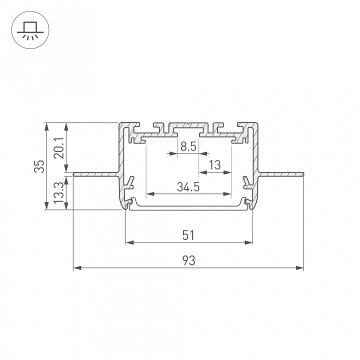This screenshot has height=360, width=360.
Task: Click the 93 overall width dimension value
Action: coord(188,260)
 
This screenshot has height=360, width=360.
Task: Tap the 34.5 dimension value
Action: coord(188,187)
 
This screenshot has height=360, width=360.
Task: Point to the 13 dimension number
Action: coord(215,165)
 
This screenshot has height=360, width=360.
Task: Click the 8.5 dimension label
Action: coord(188,147)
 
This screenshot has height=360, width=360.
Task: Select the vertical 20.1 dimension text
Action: coord(59,147)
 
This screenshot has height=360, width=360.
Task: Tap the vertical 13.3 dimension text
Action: coord(59,192)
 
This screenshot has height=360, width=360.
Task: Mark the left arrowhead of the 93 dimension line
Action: coord(76,268)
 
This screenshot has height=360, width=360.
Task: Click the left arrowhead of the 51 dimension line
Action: coord(128,243)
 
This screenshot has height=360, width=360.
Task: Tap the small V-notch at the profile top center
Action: coord(188,123)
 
